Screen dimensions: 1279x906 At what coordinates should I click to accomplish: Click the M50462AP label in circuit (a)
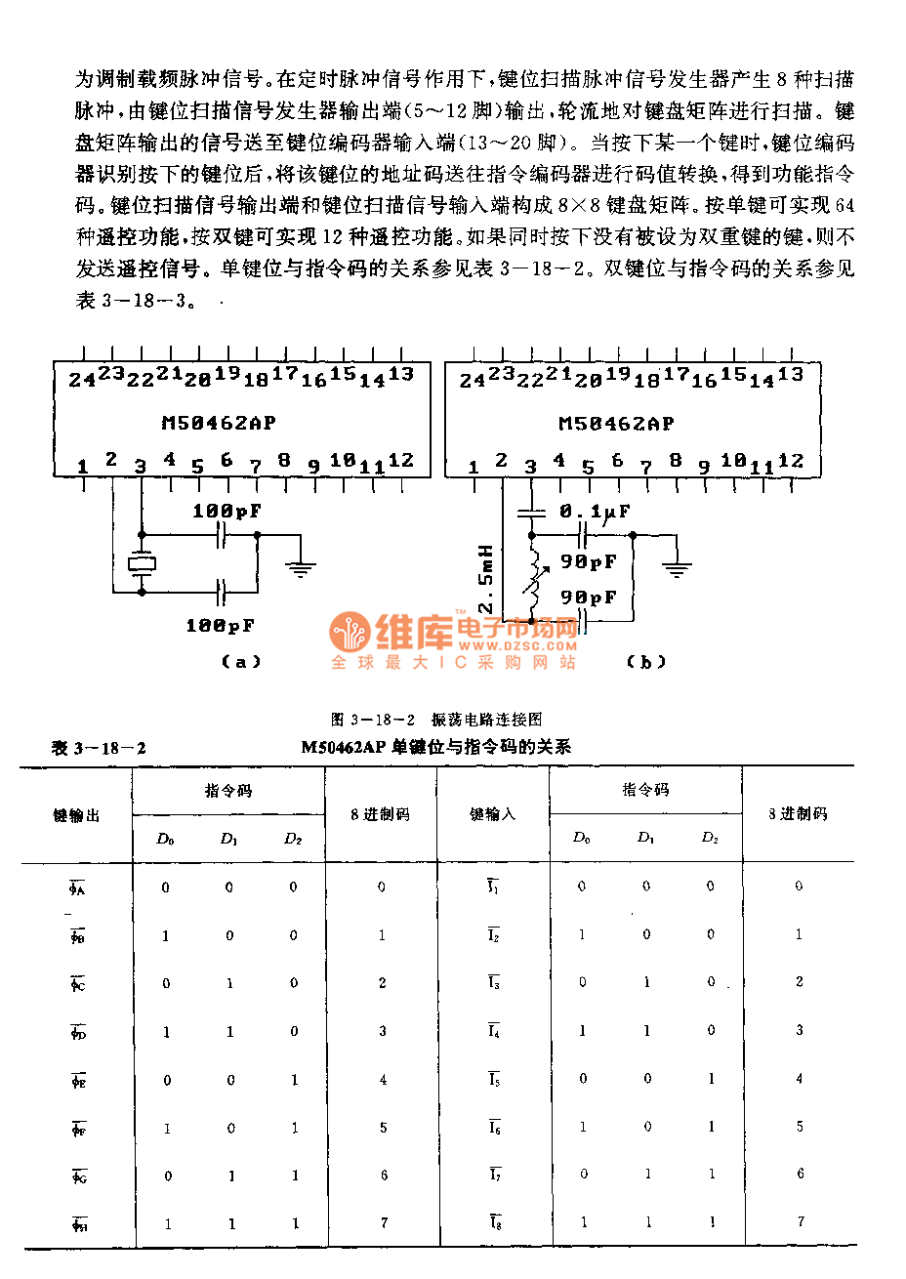pos(219,423)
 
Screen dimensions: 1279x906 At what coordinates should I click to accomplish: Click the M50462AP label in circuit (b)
pos(616,423)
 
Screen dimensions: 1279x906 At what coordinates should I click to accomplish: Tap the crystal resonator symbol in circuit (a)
pos(142,563)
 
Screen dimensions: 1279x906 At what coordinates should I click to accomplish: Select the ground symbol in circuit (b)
pos(677,567)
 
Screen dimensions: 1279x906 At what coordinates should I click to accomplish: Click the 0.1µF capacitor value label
pos(595,512)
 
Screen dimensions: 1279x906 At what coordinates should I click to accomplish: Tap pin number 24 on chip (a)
pos(81,380)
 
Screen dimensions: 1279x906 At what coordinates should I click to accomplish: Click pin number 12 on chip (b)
pos(791,461)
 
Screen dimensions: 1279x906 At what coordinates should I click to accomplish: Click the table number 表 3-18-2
pos(99,748)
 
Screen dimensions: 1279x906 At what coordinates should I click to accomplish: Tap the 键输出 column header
pos(76,815)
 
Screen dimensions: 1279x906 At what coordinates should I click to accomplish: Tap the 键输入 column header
pos(492,814)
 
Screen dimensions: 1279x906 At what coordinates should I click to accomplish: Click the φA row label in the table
pos(77,888)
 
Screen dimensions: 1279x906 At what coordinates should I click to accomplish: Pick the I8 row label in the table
pos(494,1222)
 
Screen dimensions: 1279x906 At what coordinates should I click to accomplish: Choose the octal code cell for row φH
pos(384,1222)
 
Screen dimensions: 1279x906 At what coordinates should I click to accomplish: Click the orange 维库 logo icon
pos(350,633)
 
